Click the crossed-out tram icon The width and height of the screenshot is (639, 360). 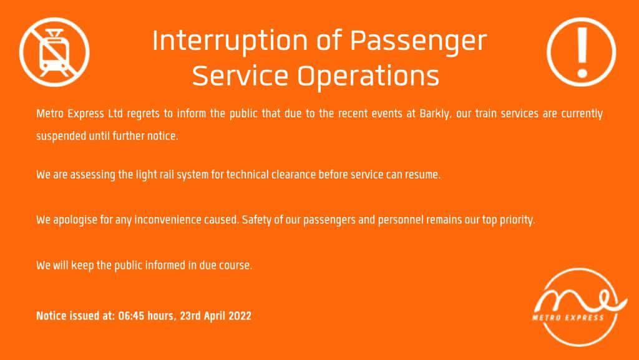54,52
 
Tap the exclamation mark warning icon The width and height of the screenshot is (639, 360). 581,52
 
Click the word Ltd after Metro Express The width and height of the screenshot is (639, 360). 115,113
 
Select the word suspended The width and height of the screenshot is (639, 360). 61,135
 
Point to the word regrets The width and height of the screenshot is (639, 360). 143,114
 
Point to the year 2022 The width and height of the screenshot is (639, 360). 240,316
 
